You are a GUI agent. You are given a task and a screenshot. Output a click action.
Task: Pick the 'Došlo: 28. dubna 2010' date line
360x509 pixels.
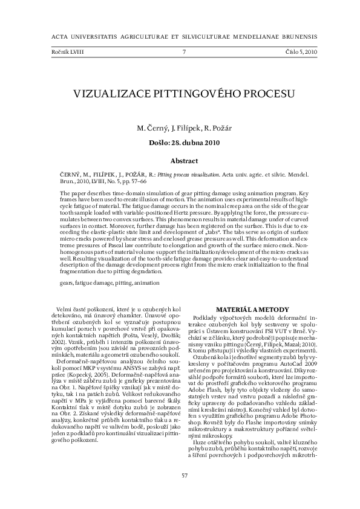click(184, 143)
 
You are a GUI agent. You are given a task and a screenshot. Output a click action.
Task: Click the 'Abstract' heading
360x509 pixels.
click(184, 161)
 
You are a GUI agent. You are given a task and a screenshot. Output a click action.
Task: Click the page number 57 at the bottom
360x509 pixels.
click(185, 475)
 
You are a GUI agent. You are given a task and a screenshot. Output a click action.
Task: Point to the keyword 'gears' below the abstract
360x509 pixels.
click(67, 282)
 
